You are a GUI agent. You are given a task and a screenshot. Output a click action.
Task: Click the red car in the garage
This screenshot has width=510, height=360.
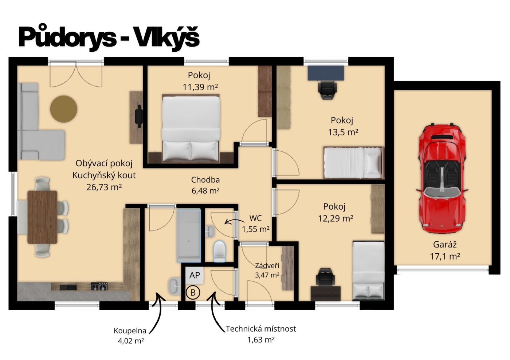click(442, 179)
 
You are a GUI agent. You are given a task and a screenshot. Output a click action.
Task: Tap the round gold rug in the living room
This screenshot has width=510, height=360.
click(63, 109)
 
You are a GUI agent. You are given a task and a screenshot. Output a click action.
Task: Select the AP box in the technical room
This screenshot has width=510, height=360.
click(194, 275)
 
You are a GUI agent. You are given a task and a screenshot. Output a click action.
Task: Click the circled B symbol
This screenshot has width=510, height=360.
click(193, 293)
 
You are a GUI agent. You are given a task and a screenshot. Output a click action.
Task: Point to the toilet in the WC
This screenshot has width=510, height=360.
click(219, 251)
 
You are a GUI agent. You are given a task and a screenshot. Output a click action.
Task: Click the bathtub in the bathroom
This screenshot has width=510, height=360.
click(189, 236)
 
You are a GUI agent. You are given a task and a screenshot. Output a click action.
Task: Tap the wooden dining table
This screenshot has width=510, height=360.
click(42, 217)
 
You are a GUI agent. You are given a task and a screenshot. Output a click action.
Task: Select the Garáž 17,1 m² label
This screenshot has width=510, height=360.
click(445, 250)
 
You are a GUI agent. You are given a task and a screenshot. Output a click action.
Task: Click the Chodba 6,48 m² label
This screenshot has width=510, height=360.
click(205, 185)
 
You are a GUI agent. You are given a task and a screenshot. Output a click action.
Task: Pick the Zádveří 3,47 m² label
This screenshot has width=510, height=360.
click(267, 270)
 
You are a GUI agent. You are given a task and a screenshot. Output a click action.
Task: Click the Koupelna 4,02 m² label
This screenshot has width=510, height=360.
click(130, 335)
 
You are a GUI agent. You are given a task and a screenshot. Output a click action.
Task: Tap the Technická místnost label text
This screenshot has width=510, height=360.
click(261, 329)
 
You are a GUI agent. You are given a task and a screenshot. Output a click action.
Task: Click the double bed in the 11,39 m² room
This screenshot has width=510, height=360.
click(191, 128)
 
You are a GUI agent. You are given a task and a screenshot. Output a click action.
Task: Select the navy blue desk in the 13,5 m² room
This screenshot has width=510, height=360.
click(326, 73)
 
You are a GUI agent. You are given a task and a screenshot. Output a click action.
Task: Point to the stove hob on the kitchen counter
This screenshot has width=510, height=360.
click(99, 286)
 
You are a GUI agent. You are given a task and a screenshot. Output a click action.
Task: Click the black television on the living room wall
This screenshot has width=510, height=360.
click(139, 116)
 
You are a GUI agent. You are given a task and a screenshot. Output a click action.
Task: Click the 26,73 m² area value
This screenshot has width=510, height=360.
click(104, 187)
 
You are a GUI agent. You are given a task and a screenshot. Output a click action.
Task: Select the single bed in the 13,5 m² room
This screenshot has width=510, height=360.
click(353, 162)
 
